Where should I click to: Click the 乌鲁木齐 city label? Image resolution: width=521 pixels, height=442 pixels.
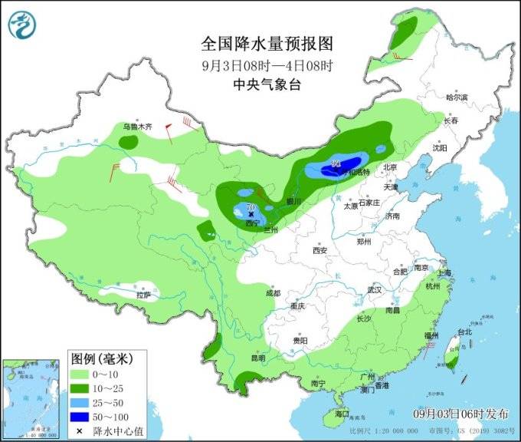139,126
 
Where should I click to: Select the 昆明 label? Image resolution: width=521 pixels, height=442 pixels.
257,358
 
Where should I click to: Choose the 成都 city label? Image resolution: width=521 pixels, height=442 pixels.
273,293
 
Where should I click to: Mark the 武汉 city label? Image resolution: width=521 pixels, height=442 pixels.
375,289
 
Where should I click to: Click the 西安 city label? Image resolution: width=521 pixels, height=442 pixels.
319,251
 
